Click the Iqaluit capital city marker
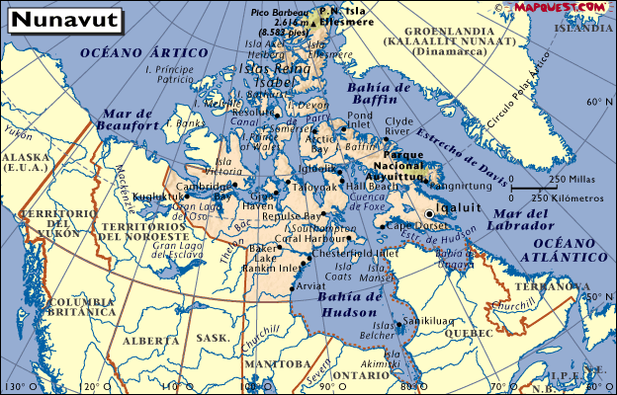click(x=429, y=213)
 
